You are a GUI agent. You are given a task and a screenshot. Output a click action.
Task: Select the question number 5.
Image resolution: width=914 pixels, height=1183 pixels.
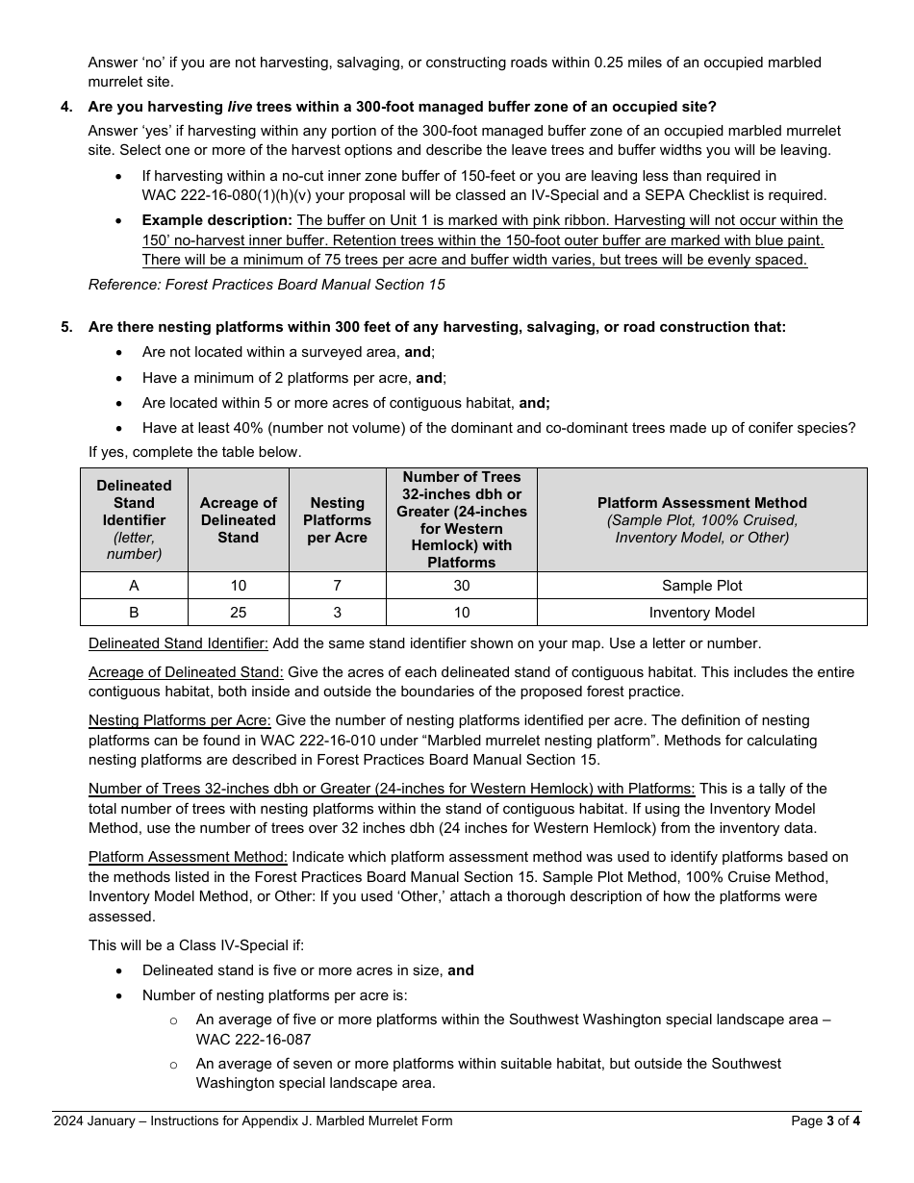click(x=66, y=327)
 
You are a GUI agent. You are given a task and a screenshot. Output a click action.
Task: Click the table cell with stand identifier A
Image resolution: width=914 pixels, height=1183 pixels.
click(x=134, y=586)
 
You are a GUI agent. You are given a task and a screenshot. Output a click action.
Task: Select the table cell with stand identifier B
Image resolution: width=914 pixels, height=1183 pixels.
click(x=134, y=613)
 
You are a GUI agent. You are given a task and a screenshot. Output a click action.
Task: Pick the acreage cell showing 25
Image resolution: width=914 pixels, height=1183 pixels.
click(x=239, y=613)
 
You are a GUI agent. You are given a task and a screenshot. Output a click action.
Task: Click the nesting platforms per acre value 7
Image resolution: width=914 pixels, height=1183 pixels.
click(x=338, y=586)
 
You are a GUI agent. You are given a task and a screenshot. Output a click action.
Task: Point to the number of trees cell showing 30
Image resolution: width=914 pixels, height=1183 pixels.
click(x=462, y=586)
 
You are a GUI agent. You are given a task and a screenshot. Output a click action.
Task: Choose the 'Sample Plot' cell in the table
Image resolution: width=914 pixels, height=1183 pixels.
click(x=702, y=586)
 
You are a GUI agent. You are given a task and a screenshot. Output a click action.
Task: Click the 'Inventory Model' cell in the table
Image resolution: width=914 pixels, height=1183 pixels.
click(x=702, y=613)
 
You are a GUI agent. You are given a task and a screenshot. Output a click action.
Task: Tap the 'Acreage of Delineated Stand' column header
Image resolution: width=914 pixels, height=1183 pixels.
click(x=239, y=520)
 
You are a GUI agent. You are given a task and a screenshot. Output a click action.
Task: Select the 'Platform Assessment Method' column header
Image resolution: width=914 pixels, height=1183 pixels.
click(x=702, y=503)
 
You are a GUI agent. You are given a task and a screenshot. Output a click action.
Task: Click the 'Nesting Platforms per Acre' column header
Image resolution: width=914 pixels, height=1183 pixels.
click(x=338, y=520)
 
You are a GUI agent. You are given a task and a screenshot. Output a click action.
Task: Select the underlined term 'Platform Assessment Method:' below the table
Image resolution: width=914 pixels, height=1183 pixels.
click(x=188, y=857)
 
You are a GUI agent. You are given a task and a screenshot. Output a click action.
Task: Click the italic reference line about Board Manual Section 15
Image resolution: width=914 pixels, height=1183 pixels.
click(x=267, y=285)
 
